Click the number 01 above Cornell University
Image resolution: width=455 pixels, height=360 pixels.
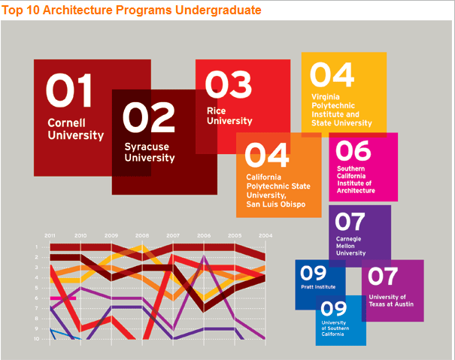[68, 90]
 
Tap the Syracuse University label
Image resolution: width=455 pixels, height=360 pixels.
[150, 153]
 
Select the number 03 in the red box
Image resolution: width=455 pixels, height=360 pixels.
[229, 85]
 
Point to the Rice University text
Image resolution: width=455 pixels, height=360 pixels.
[229, 116]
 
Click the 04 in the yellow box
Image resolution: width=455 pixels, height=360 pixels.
[332, 75]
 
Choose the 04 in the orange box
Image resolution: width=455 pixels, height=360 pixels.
[267, 155]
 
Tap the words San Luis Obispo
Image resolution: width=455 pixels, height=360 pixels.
[276, 204]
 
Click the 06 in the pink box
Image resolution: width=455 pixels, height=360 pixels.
[353, 150]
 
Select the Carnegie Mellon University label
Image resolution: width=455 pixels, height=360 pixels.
[350, 246]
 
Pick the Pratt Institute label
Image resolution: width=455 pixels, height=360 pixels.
[318, 287]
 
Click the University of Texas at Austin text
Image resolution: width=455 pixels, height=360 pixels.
[391, 301]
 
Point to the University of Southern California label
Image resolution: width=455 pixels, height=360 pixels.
[335, 328]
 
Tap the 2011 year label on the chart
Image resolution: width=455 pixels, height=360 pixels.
[50, 235]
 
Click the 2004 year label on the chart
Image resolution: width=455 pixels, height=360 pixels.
[265, 235]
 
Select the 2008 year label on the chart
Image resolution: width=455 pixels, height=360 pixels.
[142, 235]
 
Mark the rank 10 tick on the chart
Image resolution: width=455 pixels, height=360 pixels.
[36, 339]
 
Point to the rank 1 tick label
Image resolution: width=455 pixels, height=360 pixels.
[37, 247]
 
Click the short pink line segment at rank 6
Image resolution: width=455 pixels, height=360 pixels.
[63, 298]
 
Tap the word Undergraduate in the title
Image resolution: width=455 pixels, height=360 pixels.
[218, 11]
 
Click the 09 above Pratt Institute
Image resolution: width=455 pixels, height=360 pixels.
[313, 274]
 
